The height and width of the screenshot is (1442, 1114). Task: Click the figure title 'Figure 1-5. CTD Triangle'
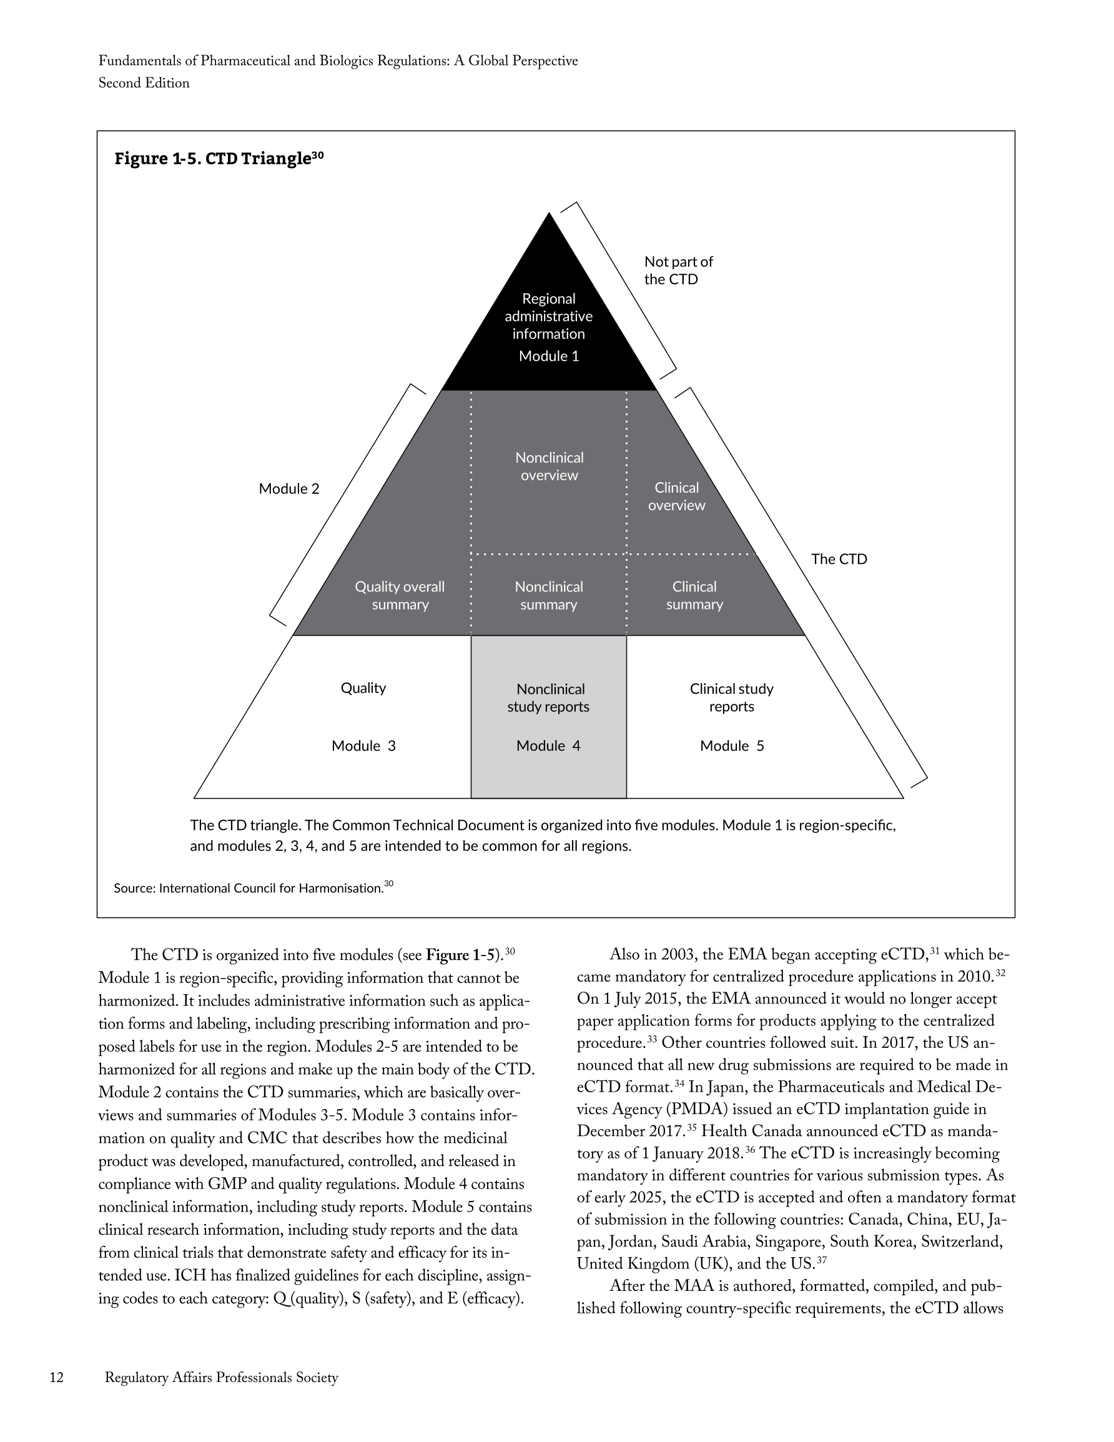click(x=219, y=159)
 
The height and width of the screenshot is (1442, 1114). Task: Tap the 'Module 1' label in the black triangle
click(x=549, y=357)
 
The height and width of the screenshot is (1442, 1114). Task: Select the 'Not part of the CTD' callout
click(x=678, y=270)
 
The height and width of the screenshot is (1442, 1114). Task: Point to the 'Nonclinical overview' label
click(x=550, y=467)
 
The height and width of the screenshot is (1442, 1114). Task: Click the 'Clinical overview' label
click(x=676, y=496)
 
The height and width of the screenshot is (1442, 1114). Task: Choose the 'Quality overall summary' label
click(x=400, y=596)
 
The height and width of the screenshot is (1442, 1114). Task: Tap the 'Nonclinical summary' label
click(x=549, y=596)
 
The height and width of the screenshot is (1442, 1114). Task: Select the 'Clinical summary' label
click(x=694, y=596)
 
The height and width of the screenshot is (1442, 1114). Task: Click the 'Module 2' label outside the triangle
click(x=288, y=489)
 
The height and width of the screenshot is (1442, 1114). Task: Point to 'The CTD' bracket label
click(x=839, y=559)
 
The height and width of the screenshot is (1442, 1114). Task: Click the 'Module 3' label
click(x=363, y=746)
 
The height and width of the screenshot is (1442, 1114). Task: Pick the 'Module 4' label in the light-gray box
click(x=548, y=746)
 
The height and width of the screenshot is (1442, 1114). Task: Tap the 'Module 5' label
click(x=732, y=746)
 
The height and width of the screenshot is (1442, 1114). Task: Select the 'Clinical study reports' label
click(x=732, y=698)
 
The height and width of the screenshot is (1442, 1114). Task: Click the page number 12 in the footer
click(x=57, y=1377)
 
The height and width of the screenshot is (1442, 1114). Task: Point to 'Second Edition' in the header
click(x=144, y=83)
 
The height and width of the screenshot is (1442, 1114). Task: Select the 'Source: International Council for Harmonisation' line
click(x=253, y=888)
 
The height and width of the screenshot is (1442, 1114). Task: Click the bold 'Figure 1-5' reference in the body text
click(x=460, y=956)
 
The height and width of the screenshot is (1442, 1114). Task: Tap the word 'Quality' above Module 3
click(x=363, y=688)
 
